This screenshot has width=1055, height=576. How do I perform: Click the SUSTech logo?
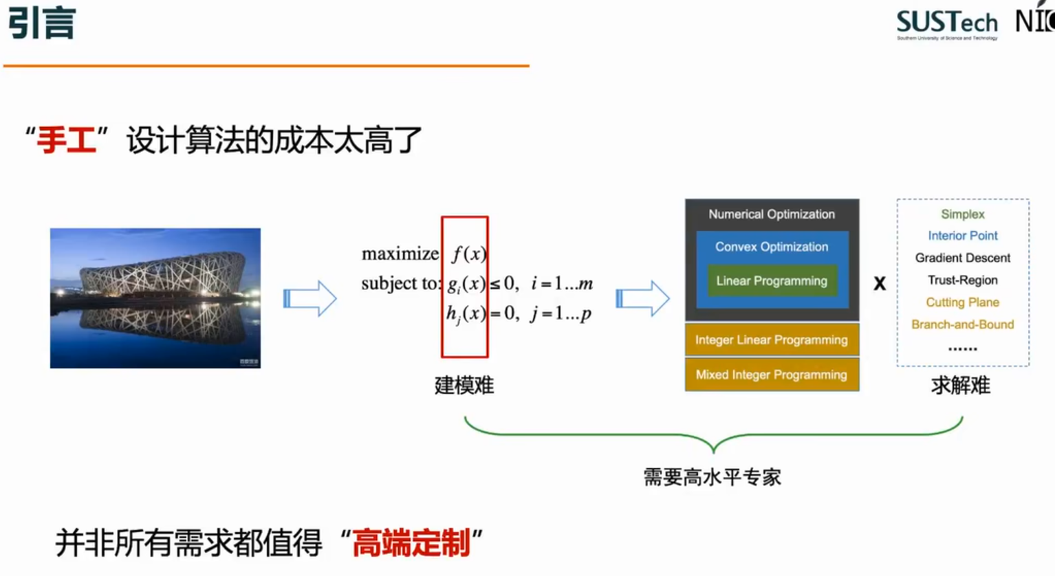tap(946, 24)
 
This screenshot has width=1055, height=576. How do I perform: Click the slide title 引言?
tap(41, 23)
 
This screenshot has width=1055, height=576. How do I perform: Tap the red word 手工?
tap(66, 140)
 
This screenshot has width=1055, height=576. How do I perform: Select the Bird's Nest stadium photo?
tap(155, 298)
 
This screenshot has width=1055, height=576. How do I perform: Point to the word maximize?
tap(400, 254)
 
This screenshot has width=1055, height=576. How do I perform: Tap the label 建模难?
tap(464, 386)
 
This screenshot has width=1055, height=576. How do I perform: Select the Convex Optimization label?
tap(772, 247)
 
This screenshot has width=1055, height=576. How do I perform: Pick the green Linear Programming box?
tap(772, 280)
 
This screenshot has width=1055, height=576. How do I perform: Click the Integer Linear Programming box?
tap(772, 340)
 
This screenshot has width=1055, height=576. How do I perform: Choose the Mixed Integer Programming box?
tap(772, 375)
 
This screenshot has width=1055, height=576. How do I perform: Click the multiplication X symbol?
tap(879, 283)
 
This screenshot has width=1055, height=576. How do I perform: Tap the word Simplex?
tap(963, 214)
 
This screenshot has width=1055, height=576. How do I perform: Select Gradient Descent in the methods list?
tap(963, 258)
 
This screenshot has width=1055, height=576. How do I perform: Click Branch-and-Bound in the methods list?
tap(963, 324)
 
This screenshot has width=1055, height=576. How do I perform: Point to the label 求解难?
tap(961, 386)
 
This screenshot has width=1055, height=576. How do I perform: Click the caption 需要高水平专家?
tap(713, 477)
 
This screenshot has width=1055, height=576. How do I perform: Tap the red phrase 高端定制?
tap(411, 543)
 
